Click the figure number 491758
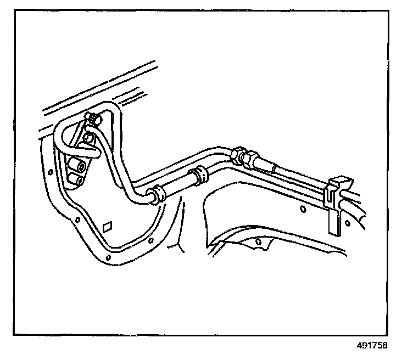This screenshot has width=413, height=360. tap(372, 346)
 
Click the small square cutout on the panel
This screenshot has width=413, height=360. tap(108, 225)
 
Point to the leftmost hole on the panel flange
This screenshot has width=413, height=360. tap(51, 171)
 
